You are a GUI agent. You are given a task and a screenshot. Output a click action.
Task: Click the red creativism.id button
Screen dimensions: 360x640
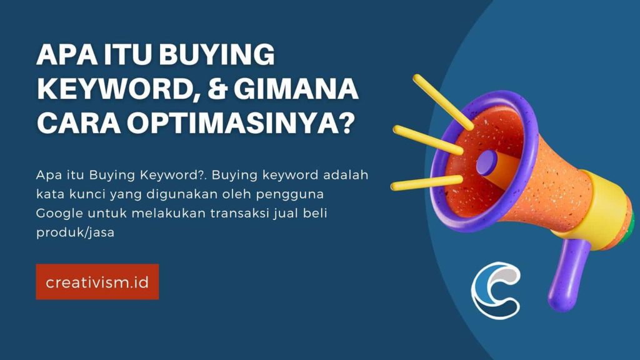click(x=97, y=282)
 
